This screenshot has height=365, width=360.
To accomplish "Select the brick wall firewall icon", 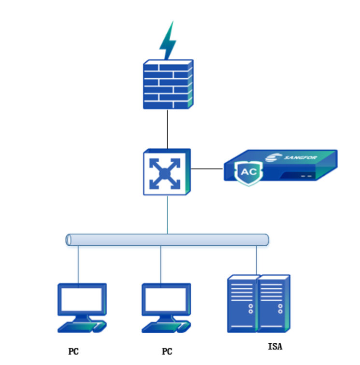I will point(168,84).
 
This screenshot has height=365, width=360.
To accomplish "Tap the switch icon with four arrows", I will point(166,172).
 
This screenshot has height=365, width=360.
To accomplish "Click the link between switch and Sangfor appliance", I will point(207,169).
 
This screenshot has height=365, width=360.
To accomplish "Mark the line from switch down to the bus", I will point(167,214).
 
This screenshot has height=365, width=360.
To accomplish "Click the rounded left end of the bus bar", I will point(68,239).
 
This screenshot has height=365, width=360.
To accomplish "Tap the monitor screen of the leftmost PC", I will point(81,299).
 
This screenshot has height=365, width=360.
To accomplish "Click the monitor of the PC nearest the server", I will point(165,299).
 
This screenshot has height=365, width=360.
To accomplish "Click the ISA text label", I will point(274,346).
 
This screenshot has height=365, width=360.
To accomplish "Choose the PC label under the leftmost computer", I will point(73,351).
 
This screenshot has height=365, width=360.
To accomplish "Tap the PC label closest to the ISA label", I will point(167,351).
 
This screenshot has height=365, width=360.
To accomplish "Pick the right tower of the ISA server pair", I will point(274,303).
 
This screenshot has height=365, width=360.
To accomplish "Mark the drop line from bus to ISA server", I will point(257,261).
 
